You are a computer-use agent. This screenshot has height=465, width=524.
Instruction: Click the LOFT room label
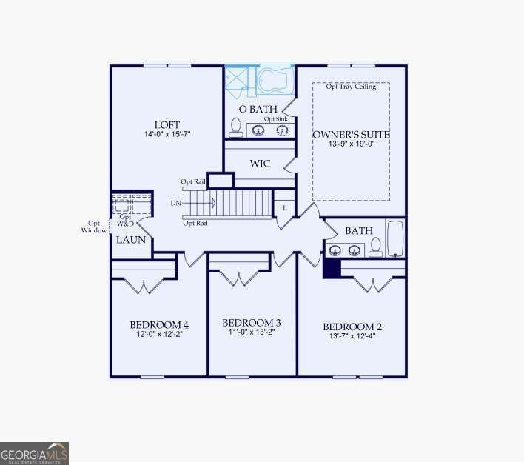(x=167, y=124)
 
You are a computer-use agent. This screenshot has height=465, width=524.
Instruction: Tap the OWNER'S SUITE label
(x=351, y=134)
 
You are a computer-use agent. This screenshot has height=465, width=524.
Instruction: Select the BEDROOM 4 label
(x=158, y=324)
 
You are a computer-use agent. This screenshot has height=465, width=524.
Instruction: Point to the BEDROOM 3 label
(x=252, y=323)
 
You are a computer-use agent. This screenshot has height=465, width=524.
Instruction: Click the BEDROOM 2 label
(x=352, y=327)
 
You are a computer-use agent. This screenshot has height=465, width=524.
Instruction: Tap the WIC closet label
(x=260, y=163)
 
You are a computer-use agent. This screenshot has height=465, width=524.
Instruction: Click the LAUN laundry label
(x=131, y=240)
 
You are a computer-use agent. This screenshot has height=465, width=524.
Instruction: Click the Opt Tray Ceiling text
(x=351, y=87)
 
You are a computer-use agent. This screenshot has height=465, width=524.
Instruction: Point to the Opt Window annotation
(x=94, y=227)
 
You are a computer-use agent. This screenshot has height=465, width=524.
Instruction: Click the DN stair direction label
(x=175, y=202)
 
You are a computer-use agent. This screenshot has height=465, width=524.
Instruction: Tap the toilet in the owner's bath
(x=236, y=127)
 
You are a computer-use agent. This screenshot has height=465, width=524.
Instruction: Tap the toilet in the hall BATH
(x=376, y=247)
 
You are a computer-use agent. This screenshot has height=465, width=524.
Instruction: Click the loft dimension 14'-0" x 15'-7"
(x=167, y=135)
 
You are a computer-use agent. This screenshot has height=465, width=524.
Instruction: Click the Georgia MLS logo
(x=35, y=452)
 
